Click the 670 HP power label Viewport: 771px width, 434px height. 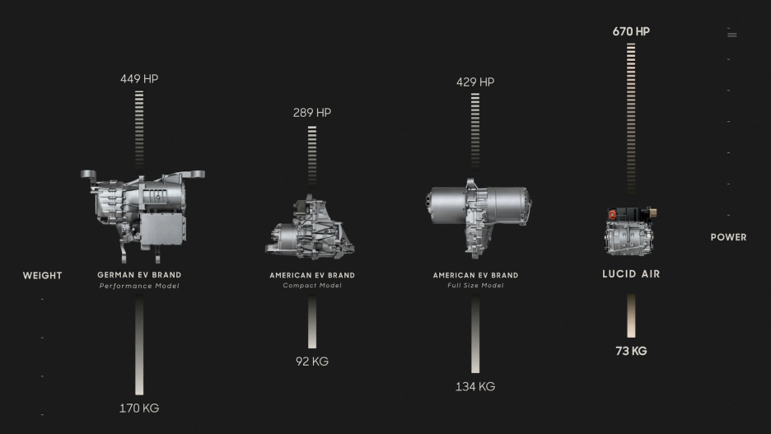click(x=631, y=31)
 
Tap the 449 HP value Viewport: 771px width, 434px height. click(x=139, y=78)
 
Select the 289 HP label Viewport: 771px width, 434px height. click(x=311, y=113)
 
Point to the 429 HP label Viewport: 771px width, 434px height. click(x=475, y=82)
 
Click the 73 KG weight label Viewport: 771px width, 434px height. click(x=631, y=351)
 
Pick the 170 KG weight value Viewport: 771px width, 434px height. click(x=139, y=408)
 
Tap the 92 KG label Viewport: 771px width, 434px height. click(x=311, y=362)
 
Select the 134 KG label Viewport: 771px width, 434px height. click(x=475, y=386)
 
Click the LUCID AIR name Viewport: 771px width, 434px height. click(x=631, y=274)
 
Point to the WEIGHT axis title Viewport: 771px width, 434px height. click(x=42, y=276)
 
